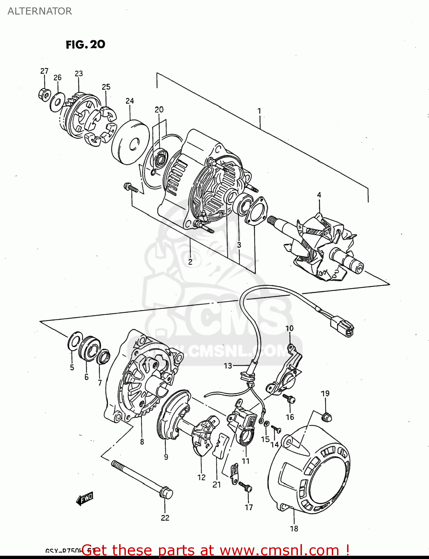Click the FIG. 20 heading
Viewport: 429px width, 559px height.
tap(85, 44)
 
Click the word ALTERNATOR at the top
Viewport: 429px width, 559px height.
tap(39, 11)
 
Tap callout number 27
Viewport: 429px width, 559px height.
tap(44, 71)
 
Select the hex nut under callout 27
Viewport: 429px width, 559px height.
tap(44, 95)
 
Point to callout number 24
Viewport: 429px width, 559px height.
tap(130, 101)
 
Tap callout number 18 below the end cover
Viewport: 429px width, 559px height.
tap(294, 528)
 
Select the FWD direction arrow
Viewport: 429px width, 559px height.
tap(85, 498)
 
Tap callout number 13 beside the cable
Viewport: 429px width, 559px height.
tap(228, 366)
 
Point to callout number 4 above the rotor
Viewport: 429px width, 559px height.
tap(319, 195)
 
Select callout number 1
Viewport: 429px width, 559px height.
tap(259, 111)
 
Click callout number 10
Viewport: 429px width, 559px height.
tap(289, 328)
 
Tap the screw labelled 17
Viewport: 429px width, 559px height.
tap(246, 487)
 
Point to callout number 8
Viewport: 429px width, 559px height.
tap(142, 442)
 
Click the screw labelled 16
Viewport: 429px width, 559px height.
tap(289, 399)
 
